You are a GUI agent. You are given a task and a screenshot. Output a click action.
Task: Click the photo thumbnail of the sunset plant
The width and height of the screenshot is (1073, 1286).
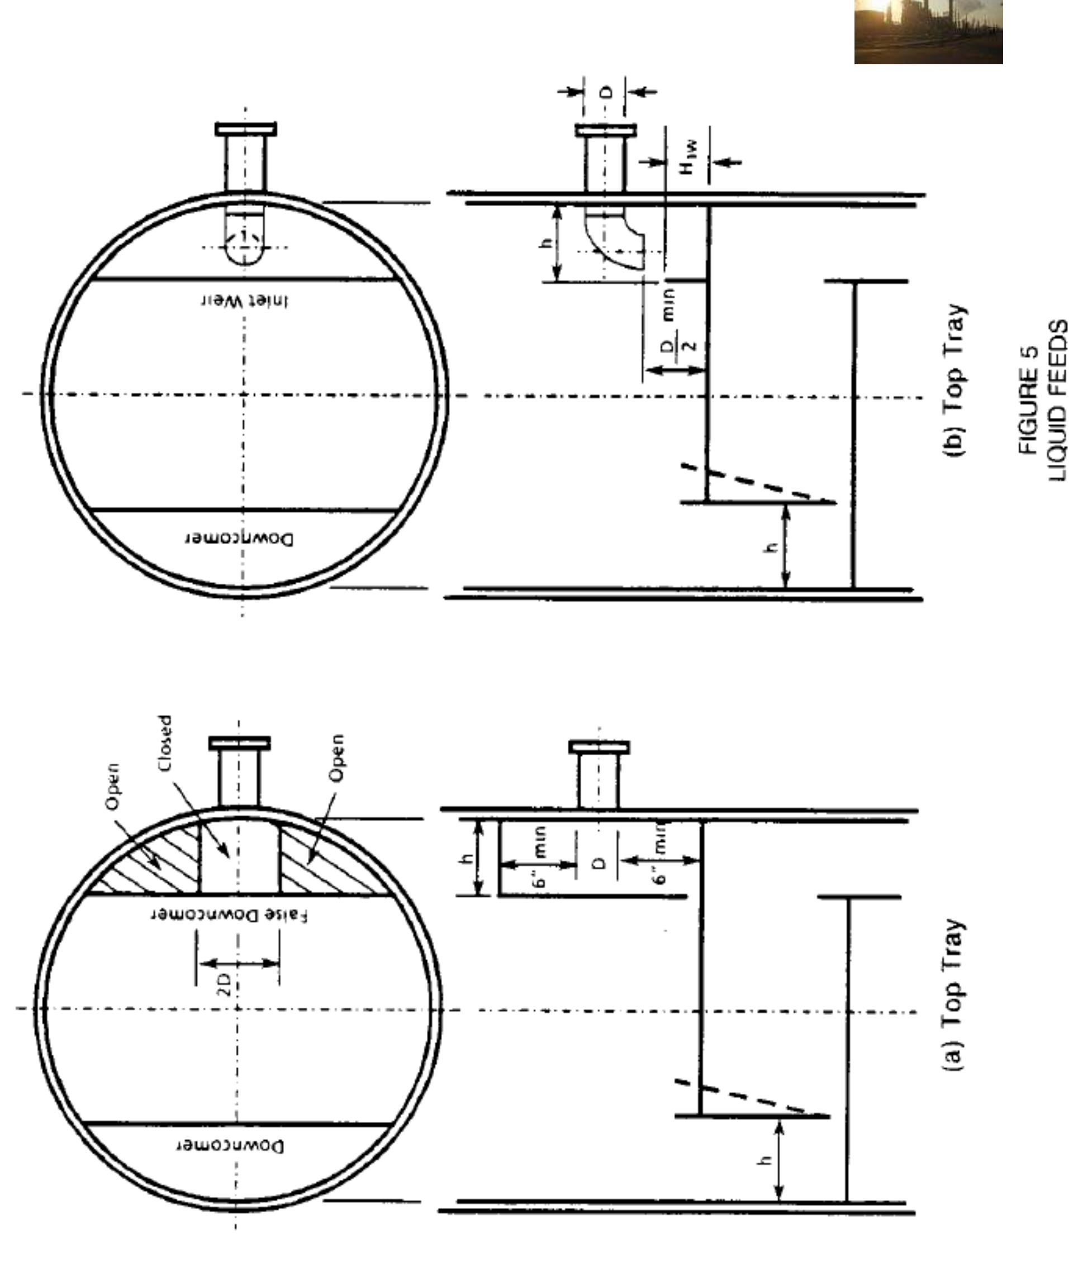coord(928,31)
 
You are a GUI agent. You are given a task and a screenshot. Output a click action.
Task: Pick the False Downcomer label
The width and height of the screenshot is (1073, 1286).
coord(230,915)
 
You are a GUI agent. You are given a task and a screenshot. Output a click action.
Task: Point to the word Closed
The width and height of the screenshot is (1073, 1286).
coord(165,744)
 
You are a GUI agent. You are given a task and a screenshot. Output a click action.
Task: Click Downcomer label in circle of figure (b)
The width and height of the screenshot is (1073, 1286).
coord(239,539)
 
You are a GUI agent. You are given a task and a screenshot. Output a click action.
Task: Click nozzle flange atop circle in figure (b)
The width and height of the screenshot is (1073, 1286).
coord(245,129)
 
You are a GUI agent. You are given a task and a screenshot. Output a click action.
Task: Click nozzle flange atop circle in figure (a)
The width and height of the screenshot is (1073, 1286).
coord(239,744)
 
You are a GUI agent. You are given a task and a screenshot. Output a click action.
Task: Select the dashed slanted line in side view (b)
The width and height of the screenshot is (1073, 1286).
coord(753,483)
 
